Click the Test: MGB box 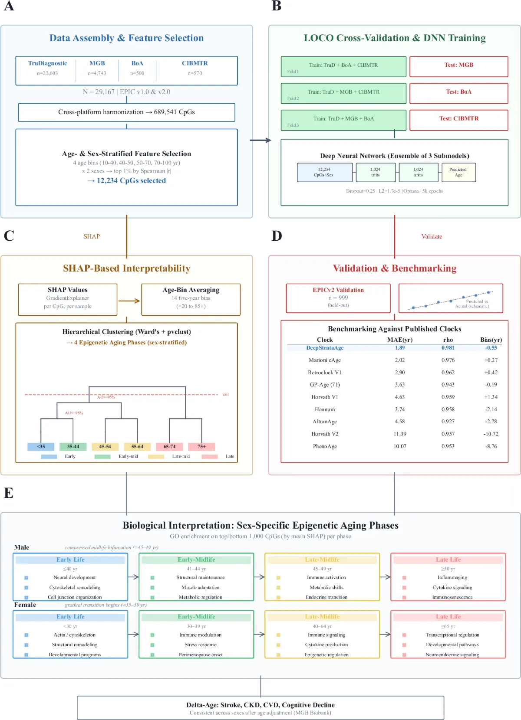point(458,66)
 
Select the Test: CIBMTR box point(458,120)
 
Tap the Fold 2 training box point(343,93)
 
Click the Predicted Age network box point(458,172)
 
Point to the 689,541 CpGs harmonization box point(126,112)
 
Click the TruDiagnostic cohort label point(47,63)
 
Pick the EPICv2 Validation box point(338,298)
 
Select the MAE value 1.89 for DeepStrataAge point(399,348)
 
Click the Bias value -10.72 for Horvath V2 point(491,434)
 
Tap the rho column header point(448,340)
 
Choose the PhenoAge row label point(325,446)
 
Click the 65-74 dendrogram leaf point(169,446)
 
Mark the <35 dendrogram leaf point(41,446)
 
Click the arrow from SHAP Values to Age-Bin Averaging point(129,301)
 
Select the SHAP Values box point(68,299)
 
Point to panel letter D point(277,236)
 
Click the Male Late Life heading point(448,560)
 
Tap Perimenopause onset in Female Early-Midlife point(201,655)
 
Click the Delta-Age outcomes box point(260,708)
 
